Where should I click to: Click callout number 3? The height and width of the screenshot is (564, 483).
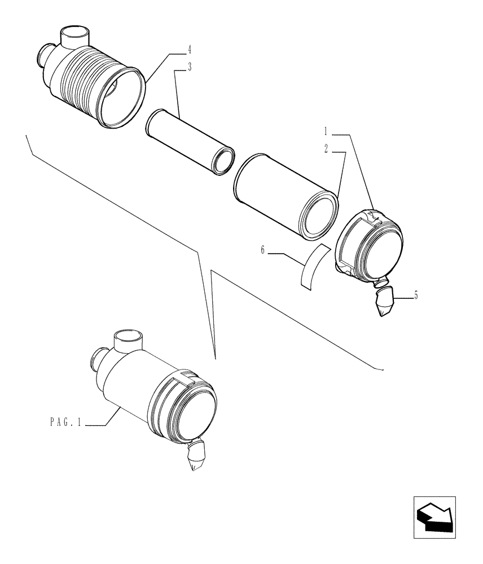tap(190, 67)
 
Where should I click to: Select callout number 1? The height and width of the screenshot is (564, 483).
tap(326, 131)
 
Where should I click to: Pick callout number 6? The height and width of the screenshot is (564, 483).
tap(263, 250)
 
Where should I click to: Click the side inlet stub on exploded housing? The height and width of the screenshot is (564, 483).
tap(43, 56)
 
